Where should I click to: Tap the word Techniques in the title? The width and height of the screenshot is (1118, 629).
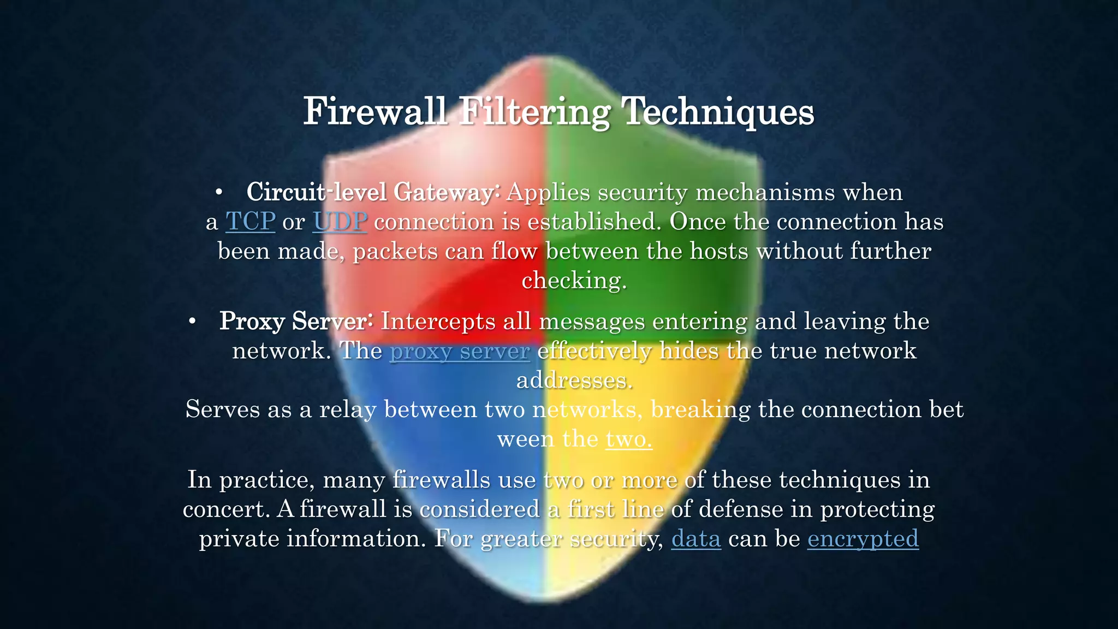click(718, 111)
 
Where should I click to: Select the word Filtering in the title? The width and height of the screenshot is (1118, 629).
click(534, 111)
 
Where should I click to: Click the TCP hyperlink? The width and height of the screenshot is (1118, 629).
click(250, 222)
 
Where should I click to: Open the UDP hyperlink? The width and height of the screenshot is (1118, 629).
click(340, 222)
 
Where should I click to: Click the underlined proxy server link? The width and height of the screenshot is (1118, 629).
click(460, 351)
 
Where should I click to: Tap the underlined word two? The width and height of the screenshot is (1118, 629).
click(629, 439)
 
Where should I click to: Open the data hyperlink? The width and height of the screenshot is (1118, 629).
click(696, 539)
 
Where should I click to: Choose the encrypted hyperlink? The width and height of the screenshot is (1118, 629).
click(863, 539)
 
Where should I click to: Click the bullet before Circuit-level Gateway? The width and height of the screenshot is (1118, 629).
click(218, 192)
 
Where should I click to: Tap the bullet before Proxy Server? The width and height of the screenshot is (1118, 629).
click(192, 321)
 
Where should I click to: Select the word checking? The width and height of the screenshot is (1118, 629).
click(574, 281)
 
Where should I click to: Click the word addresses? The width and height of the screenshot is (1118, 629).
click(574, 381)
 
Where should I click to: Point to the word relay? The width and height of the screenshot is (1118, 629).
click(347, 410)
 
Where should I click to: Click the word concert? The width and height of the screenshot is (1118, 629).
click(226, 509)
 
